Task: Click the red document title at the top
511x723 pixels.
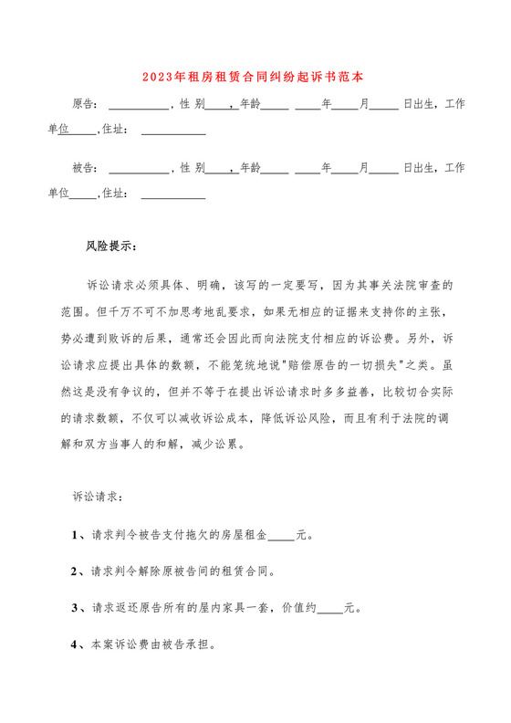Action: pos(255,79)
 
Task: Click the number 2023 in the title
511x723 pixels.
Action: pos(161,79)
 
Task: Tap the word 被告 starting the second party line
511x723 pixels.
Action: pos(83,168)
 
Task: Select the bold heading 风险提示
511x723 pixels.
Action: pos(109,246)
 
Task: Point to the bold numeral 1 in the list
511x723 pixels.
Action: pos(75,536)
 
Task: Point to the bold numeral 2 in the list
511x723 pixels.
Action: pos(75,571)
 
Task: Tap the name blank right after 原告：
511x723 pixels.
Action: pos(139,104)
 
